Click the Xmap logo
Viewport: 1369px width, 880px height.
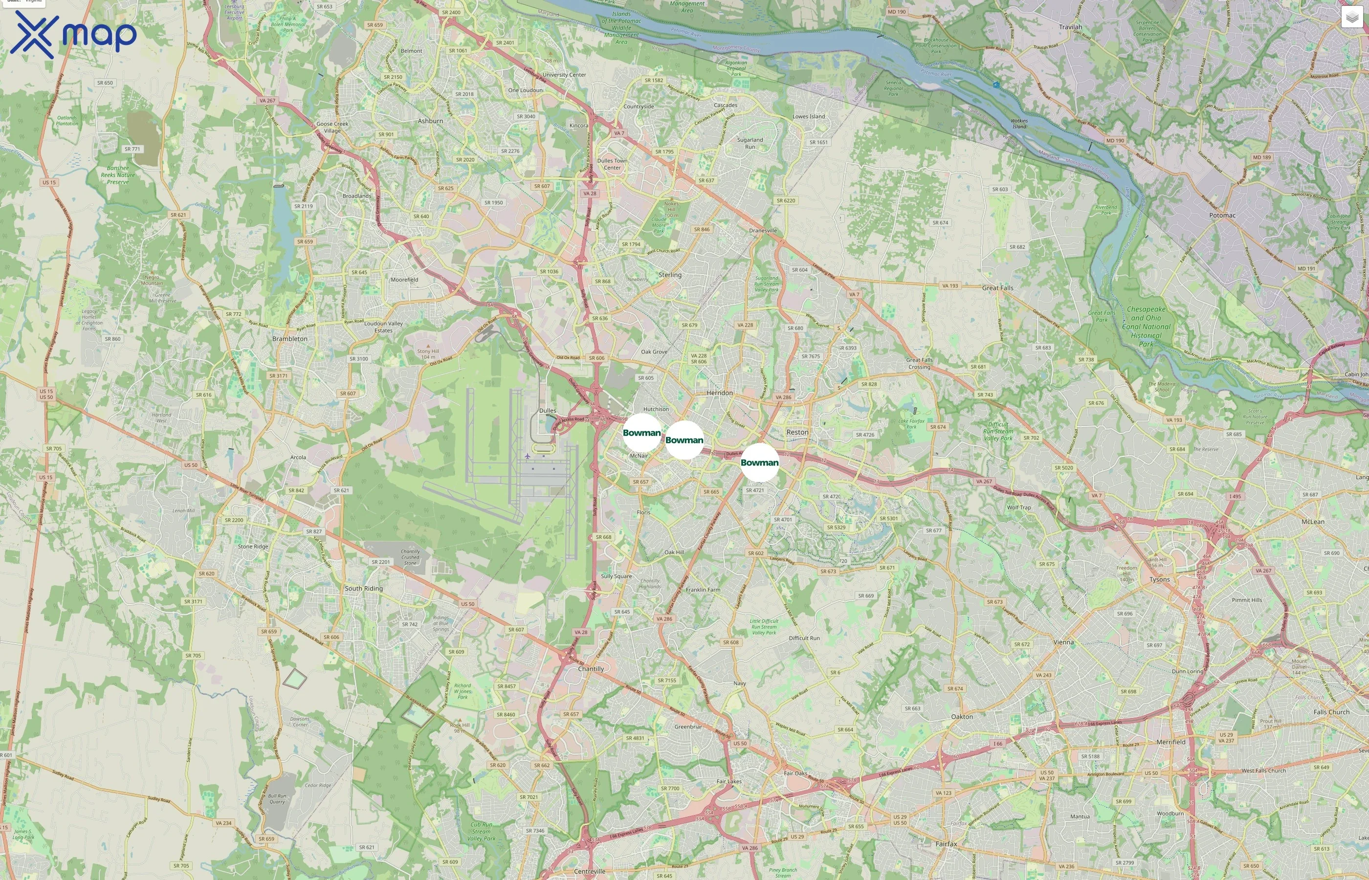[x=73, y=34]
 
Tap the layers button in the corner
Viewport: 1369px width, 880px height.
[x=1352, y=17]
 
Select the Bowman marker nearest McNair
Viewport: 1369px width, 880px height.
[x=641, y=433]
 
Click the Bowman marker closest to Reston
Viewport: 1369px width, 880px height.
[x=759, y=462]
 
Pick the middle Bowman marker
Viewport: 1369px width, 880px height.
[x=684, y=440]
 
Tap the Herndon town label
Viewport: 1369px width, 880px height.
[x=719, y=393]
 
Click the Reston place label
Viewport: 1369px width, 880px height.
[x=797, y=432]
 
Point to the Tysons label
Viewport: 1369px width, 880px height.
[x=1159, y=579]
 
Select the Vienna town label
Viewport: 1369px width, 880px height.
[x=1063, y=642]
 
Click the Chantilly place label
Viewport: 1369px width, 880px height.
[x=591, y=669]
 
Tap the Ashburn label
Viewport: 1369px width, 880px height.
[x=430, y=121]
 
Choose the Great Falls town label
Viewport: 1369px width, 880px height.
[x=997, y=288]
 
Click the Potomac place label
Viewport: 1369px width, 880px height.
[x=1222, y=216]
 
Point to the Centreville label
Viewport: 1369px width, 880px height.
[x=590, y=871]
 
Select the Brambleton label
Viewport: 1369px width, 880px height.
[x=289, y=339]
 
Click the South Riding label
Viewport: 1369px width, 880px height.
[x=364, y=589]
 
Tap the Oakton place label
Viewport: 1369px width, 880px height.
[x=962, y=717]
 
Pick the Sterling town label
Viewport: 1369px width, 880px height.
[x=670, y=275]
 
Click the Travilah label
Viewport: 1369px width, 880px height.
[x=1070, y=27]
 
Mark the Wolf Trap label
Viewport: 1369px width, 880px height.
[x=1019, y=507]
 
